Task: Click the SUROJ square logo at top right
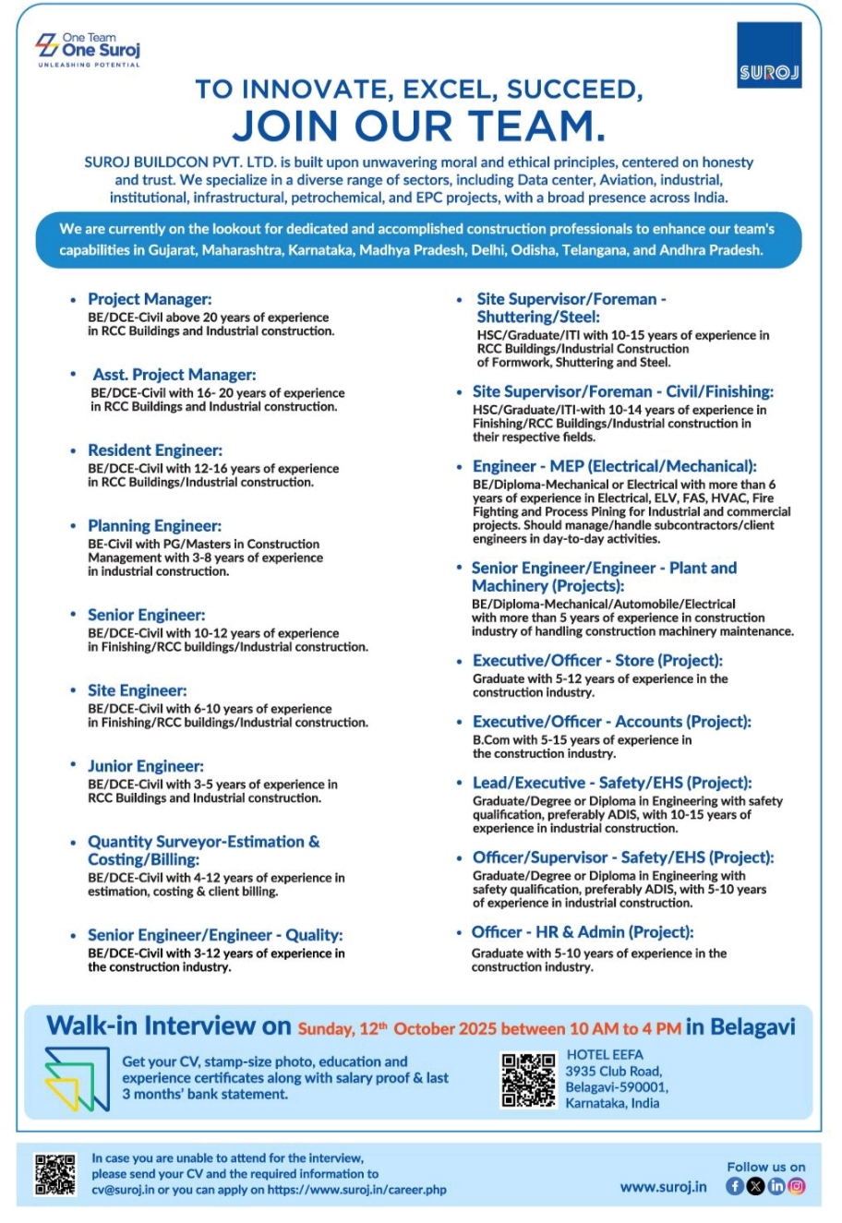769,56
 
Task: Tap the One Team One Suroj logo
88,49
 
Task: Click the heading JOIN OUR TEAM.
418,126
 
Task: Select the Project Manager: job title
150,299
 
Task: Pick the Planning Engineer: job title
154,526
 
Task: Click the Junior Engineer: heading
146,766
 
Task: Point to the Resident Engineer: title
155,450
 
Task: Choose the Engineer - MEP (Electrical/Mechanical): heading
614,466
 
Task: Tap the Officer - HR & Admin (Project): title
583,932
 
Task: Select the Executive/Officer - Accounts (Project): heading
611,722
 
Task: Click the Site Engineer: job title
137,690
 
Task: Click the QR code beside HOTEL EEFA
528,1079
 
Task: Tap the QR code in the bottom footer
55,1175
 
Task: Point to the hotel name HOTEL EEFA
605,1054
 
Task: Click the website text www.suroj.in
663,1187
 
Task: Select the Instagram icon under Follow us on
797,1187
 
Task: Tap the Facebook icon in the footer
735,1187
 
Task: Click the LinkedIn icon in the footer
776,1187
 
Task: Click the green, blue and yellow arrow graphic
77,1080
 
